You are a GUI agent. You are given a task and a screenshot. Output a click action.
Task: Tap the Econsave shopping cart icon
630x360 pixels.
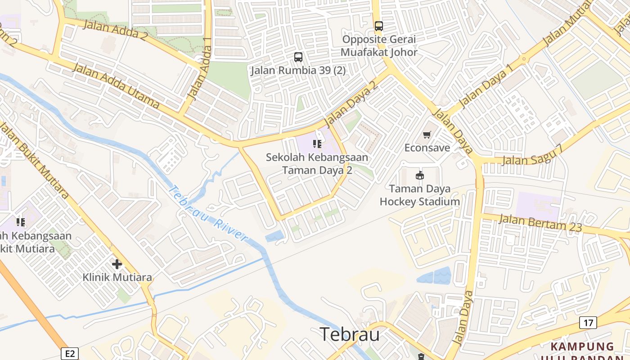pyautogui.click(x=427, y=135)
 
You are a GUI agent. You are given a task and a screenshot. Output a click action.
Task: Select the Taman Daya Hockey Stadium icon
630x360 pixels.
pyautogui.click(x=420, y=175)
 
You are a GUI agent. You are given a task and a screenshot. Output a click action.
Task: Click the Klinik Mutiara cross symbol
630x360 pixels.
pyautogui.click(x=117, y=264)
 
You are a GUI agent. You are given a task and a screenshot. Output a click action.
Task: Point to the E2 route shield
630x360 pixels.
pyautogui.click(x=70, y=354)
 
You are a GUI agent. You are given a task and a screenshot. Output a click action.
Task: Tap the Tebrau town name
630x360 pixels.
pyautogui.click(x=350, y=335)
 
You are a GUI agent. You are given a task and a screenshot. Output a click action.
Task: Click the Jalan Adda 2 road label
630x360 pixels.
pyautogui.click(x=115, y=30)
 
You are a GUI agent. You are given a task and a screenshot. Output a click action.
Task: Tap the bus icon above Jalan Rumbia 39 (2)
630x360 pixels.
pyautogui.click(x=298, y=57)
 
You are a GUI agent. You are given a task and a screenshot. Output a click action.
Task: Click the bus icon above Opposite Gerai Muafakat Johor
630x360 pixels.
pyautogui.click(x=379, y=26)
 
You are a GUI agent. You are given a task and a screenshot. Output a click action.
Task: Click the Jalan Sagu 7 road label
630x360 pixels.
pyautogui.click(x=532, y=155)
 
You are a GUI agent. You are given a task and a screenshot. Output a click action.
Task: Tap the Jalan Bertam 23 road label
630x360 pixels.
pyautogui.click(x=540, y=223)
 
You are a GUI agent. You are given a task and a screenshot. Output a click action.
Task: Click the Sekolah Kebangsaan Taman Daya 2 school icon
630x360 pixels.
pyautogui.click(x=317, y=144)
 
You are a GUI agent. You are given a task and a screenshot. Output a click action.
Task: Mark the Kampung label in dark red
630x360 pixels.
pyautogui.click(x=582, y=346)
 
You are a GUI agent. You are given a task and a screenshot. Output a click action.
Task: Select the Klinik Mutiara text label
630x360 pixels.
pyautogui.click(x=117, y=277)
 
